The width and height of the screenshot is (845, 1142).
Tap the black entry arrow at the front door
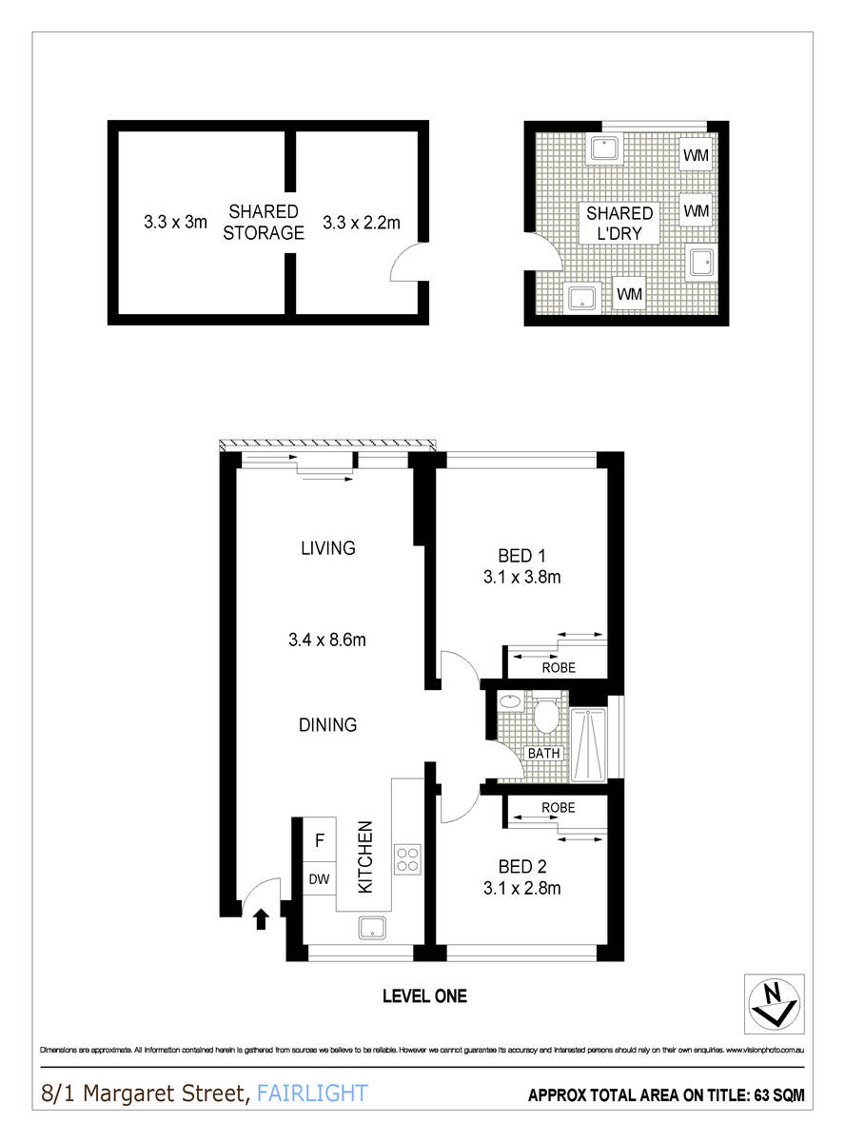[x=262, y=918]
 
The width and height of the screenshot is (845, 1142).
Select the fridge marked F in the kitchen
[x=320, y=841]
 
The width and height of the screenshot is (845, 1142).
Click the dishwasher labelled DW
[x=320, y=879]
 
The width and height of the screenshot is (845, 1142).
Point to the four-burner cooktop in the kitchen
[x=408, y=859]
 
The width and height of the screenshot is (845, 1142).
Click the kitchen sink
[x=371, y=929]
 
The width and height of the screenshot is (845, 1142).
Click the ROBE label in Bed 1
[x=559, y=668]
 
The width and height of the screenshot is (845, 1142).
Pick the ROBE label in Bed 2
[x=559, y=807]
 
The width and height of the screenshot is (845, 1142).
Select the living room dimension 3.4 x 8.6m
[x=327, y=640]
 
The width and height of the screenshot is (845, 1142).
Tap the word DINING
[x=327, y=725]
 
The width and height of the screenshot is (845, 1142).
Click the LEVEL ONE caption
[x=424, y=996]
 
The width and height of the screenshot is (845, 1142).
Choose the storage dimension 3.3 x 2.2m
[x=362, y=224]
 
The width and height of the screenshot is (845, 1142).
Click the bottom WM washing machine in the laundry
[x=629, y=294]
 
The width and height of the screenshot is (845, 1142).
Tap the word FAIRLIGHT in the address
[x=311, y=1093]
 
